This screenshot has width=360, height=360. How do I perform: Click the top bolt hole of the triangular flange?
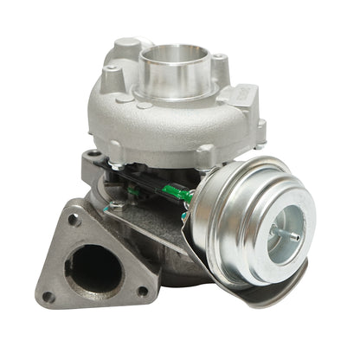[x=75, y=220]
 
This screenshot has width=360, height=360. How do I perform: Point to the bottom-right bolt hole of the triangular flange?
[x=142, y=292]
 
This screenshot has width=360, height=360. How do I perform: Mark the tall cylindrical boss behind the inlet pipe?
[x=127, y=47]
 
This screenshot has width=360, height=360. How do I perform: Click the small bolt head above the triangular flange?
[x=115, y=207]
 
